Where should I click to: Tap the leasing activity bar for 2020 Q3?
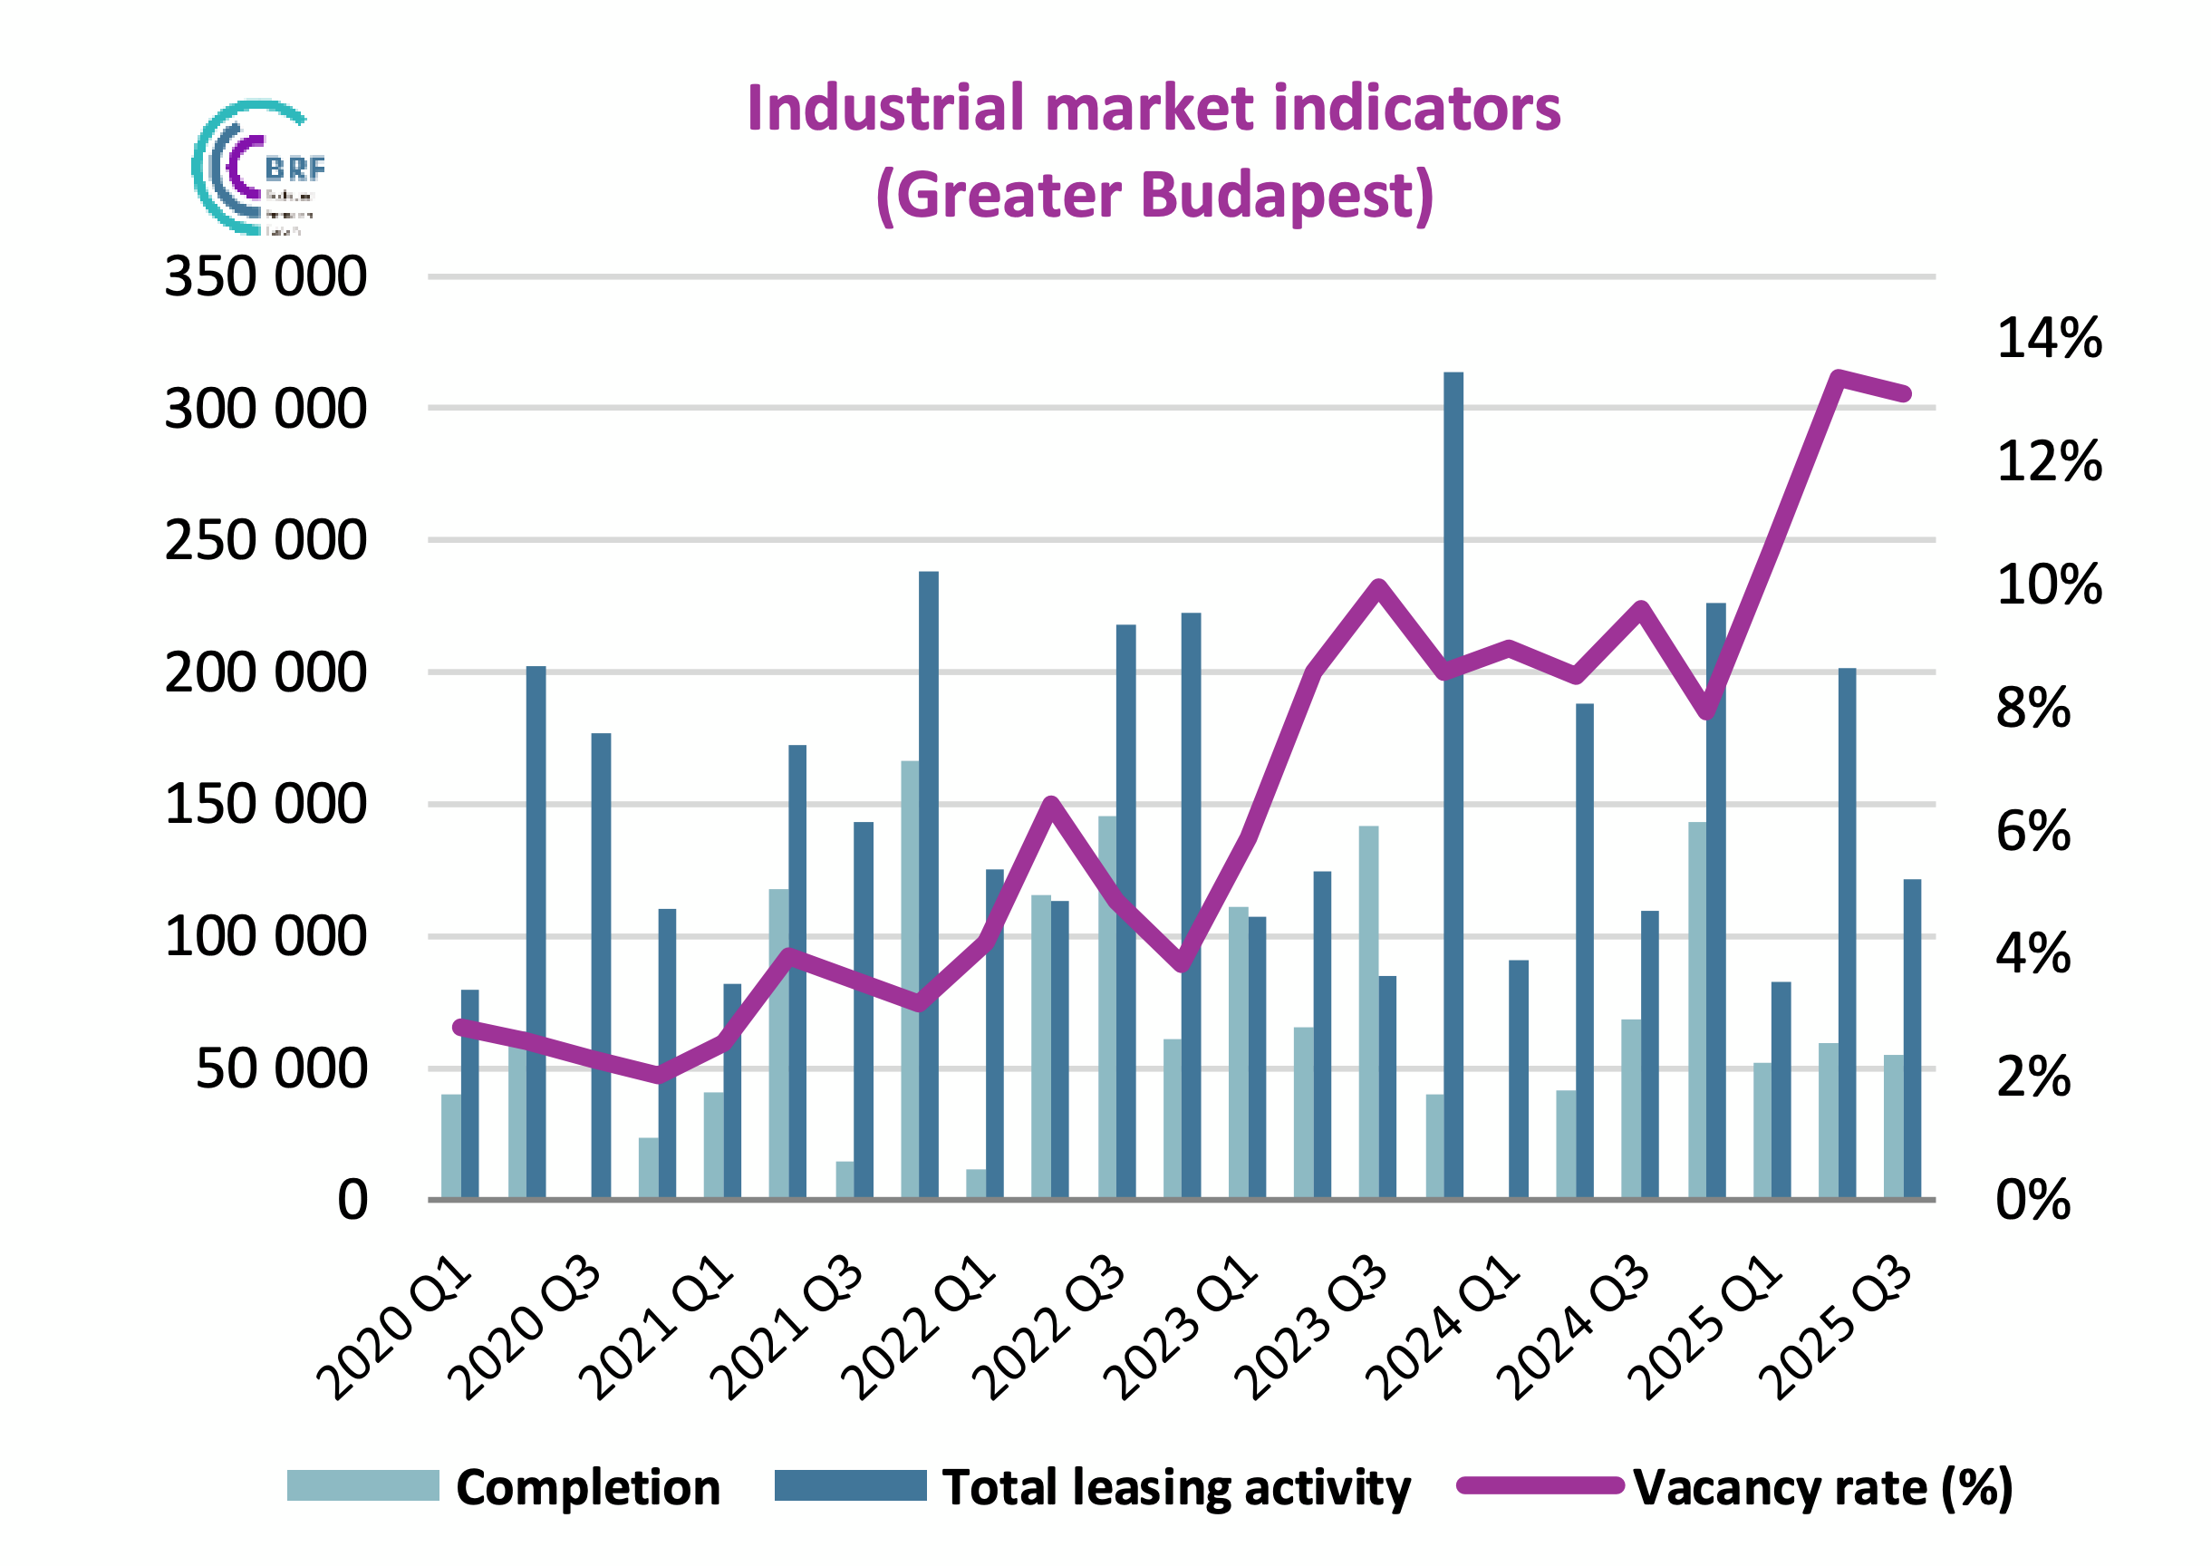coord(601,964)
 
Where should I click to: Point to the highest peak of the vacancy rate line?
coord(1839,377)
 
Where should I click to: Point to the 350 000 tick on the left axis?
coord(266,276)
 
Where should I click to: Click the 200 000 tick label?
coord(266,672)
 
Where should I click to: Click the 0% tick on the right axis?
coord(2032,1200)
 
